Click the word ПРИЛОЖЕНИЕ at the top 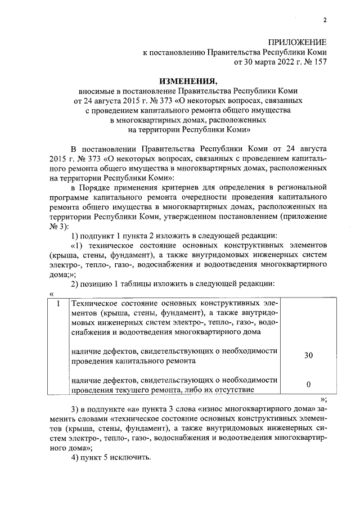coord(298,43)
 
